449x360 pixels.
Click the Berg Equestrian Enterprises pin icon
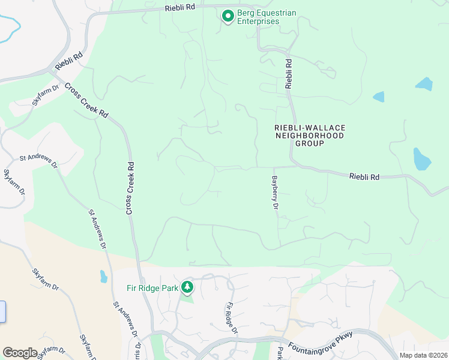228,16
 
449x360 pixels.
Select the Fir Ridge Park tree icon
187,287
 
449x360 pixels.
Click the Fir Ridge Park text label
152,288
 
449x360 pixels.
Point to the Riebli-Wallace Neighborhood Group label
310,136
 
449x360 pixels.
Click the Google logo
20,352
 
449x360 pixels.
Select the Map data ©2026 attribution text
423,355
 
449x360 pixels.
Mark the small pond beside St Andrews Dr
103,277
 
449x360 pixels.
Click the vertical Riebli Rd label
289,74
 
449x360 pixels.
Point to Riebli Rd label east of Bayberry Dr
365,176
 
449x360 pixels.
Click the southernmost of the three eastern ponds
421,160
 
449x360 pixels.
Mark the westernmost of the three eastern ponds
378,97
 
